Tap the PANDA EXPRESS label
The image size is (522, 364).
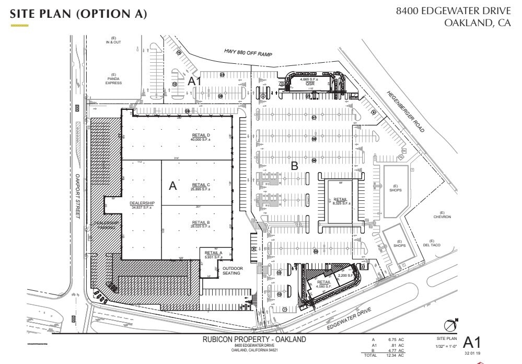(113, 81)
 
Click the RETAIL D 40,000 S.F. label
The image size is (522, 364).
(201, 137)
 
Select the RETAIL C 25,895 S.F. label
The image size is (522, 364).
(201, 187)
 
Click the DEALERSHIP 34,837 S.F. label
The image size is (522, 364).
(142, 205)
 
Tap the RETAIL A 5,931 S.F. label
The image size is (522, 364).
(213, 254)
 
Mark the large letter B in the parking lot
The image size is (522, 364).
(294, 166)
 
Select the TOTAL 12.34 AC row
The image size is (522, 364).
(385, 355)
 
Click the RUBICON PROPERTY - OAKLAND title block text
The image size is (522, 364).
(254, 340)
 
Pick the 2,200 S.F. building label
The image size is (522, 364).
(346, 275)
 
